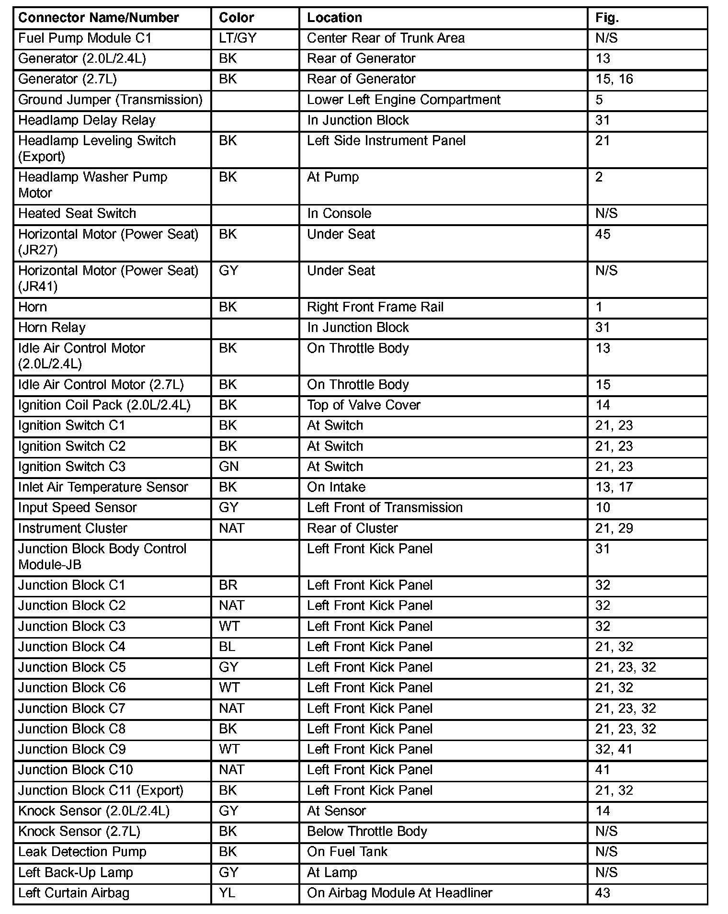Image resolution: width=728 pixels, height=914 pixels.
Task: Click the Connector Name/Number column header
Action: click(x=98, y=18)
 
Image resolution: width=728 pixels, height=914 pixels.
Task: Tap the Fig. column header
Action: click(x=607, y=18)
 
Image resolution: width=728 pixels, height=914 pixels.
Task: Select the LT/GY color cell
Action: click(x=238, y=38)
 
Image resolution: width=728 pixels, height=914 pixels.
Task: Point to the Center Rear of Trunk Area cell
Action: click(x=386, y=38)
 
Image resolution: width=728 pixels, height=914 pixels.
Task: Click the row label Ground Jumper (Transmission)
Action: click(x=110, y=100)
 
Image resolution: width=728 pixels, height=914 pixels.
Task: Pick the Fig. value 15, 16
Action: click(x=614, y=79)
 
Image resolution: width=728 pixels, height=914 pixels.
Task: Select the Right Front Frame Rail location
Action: click(x=375, y=307)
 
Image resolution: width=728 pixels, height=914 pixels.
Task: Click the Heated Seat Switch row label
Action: click(x=77, y=214)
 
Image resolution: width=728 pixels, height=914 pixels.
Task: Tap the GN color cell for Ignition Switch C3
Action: click(x=228, y=467)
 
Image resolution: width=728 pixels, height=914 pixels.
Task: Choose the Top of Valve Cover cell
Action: click(x=364, y=405)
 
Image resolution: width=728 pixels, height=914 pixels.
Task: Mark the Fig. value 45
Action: click(x=603, y=234)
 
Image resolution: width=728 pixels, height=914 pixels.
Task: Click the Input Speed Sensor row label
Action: click(x=77, y=508)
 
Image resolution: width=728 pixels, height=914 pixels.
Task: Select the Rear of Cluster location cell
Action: click(x=352, y=528)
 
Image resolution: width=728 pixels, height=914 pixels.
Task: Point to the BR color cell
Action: click(x=228, y=585)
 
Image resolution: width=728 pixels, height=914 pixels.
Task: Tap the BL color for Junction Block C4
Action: click(x=227, y=647)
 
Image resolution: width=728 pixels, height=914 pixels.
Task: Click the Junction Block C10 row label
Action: click(x=75, y=770)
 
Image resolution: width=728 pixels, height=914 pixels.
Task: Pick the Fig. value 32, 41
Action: click(x=614, y=749)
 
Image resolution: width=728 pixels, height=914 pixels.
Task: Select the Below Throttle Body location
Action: click(x=367, y=831)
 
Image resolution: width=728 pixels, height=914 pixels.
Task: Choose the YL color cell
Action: click(x=227, y=893)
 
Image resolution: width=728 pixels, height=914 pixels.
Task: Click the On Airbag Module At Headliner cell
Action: click(x=399, y=893)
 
